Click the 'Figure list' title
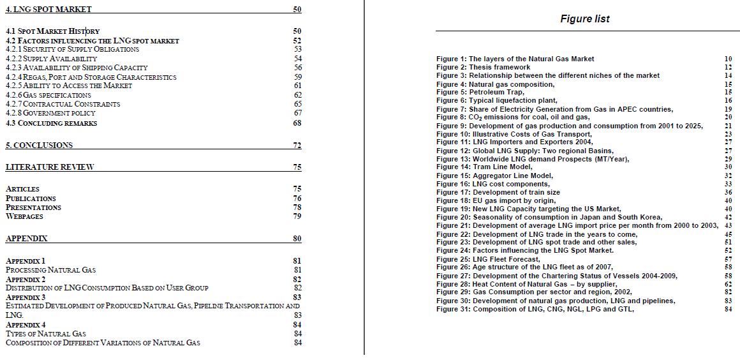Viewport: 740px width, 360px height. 584,19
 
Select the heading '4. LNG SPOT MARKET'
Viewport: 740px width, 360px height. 48,10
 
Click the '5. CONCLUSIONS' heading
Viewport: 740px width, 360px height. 39,146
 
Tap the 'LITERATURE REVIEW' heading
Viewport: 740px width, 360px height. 50,167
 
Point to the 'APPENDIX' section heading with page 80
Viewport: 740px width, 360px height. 26,239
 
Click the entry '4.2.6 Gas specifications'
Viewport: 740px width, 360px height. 48,95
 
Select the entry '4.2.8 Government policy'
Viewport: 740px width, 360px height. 50,113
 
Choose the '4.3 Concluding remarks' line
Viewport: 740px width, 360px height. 51,123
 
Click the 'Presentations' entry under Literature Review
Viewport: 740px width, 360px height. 33,207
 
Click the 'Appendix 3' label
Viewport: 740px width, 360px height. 26,297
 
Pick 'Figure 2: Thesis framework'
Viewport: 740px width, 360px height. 483,67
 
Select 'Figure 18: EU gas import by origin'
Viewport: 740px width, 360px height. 496,200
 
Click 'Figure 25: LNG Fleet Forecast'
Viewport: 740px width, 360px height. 488,259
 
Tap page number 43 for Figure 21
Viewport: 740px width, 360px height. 728,226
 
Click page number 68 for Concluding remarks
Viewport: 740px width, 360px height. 297,123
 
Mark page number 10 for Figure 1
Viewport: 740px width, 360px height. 728,59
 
